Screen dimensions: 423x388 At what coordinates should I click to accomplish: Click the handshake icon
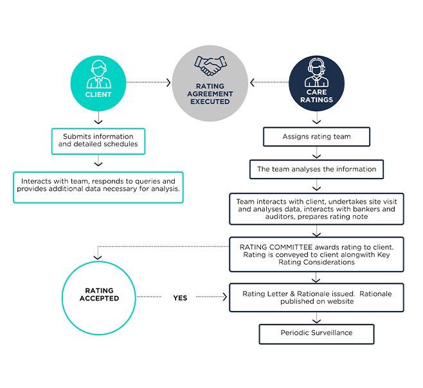point(210,66)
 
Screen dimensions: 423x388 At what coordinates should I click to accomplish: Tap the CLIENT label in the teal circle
point(98,94)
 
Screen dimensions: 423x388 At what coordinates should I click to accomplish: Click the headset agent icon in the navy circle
point(316,72)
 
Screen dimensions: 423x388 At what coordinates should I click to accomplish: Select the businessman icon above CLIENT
point(98,74)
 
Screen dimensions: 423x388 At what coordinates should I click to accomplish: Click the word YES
point(180,298)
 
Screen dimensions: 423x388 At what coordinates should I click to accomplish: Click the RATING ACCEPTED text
point(99,294)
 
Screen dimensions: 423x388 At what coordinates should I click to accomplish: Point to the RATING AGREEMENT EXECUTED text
point(210,94)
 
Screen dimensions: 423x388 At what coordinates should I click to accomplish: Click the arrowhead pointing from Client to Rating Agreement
point(168,82)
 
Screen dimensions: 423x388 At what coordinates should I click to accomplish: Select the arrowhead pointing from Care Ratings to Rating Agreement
point(252,82)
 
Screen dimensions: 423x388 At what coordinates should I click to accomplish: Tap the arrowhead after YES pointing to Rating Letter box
point(225,297)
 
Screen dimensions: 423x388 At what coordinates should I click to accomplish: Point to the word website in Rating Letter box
point(341,301)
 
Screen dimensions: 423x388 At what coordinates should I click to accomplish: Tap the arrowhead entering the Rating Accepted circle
point(98,257)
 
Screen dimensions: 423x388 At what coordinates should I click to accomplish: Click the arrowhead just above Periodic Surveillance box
point(316,321)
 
